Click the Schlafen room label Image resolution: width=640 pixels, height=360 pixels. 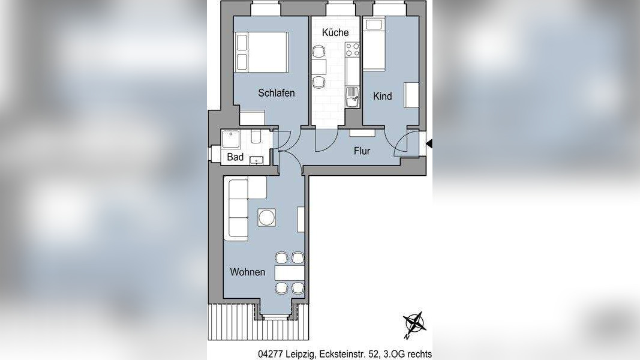coord(276,93)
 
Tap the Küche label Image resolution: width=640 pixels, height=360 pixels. coord(335,32)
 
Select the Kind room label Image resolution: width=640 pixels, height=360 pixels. coord(382,96)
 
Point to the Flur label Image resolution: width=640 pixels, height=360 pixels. coord(362,151)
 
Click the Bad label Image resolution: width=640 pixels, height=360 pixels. coord(235,157)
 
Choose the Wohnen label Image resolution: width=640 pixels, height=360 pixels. coord(247,272)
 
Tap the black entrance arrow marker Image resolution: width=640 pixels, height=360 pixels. coord(429,143)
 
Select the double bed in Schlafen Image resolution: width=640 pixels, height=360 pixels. coord(262,52)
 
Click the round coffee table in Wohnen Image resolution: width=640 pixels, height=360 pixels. coord(267,217)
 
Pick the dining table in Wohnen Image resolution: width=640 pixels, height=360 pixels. coord(290,273)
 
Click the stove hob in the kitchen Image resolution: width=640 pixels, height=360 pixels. coord(352,49)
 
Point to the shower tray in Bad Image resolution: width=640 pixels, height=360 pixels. coord(232,140)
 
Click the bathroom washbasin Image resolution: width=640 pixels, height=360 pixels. coord(257,160)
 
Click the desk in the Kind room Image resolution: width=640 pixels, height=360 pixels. coord(411,95)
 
